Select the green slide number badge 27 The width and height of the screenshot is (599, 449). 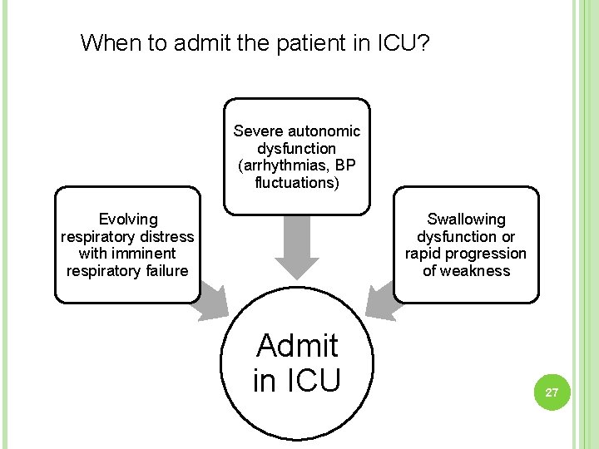click(551, 392)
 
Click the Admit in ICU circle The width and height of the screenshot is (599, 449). click(297, 363)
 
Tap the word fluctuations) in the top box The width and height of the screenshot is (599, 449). click(297, 183)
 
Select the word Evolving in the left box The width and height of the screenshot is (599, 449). click(127, 219)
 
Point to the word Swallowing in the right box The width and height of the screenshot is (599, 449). click(466, 219)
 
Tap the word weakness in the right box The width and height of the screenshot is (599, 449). click(478, 271)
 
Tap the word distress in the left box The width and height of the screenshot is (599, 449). click(166, 236)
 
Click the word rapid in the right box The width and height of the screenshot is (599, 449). click(424, 254)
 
